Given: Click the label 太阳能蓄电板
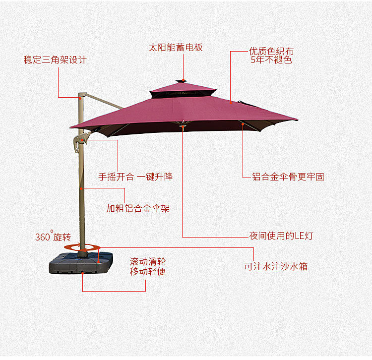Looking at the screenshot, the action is pyautogui.click(x=176, y=48).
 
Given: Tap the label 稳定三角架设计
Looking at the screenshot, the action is pyautogui.click(x=55, y=60).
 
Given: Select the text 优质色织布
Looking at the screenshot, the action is pyautogui.click(x=271, y=52).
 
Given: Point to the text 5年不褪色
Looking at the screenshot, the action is pyautogui.click(x=271, y=60).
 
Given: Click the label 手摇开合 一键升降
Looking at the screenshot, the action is pyautogui.click(x=135, y=177).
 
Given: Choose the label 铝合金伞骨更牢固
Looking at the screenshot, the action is pyautogui.click(x=288, y=177).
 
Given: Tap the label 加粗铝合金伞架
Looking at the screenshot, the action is pyautogui.click(x=138, y=208).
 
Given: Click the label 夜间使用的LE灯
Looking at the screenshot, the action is pyautogui.click(x=281, y=236).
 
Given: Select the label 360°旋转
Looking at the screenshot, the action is pyautogui.click(x=53, y=237).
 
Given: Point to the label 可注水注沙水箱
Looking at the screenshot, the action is pyautogui.click(x=276, y=266).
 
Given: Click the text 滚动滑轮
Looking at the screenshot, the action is pyautogui.click(x=148, y=261).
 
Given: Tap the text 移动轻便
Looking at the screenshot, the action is pyautogui.click(x=148, y=271).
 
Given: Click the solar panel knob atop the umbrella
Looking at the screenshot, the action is pyautogui.click(x=183, y=79).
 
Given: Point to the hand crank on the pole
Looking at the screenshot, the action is pyautogui.click(x=79, y=141).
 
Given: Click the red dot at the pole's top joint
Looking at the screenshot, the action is pyautogui.click(x=80, y=98).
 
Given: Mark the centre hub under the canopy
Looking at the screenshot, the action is pyautogui.click(x=183, y=125).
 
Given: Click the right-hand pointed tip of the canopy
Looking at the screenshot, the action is pyautogui.click(x=296, y=119).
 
